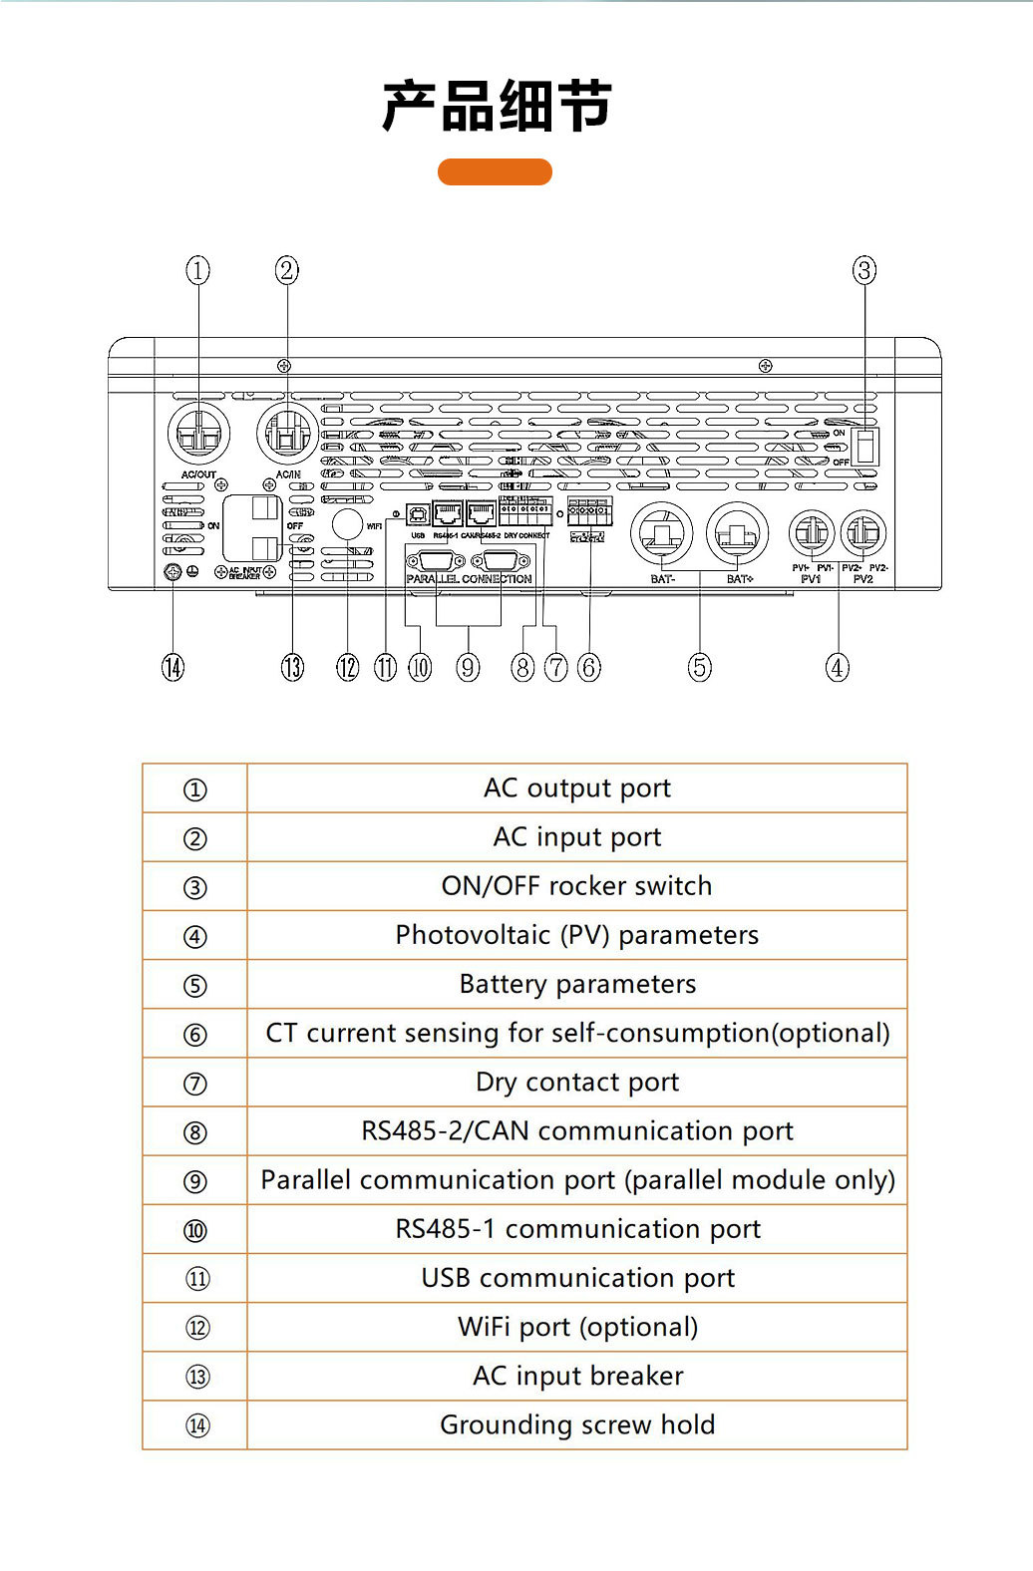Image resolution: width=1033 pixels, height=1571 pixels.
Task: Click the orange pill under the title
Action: point(495,171)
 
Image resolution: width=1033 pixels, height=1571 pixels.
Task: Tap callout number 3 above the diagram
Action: point(864,270)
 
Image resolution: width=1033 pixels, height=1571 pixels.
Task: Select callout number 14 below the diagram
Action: point(172,667)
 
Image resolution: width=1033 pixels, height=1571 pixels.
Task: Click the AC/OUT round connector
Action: point(198,434)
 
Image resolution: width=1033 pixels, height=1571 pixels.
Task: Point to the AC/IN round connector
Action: point(287,434)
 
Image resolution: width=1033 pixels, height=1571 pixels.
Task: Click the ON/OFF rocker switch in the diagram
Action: point(866,446)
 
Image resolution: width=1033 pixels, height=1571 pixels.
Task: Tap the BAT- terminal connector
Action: point(661,534)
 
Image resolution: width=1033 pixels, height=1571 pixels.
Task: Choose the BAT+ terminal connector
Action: point(738,534)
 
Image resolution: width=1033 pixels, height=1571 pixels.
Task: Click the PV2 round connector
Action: point(863,534)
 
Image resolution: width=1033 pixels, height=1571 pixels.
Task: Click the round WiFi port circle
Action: point(347,524)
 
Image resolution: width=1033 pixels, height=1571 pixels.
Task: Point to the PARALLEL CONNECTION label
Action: point(469,578)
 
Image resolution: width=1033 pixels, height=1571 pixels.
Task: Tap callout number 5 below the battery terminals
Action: point(700,667)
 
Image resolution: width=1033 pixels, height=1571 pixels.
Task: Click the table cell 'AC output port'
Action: point(576,788)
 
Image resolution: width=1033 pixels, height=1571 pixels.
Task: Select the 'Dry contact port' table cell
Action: point(576,1083)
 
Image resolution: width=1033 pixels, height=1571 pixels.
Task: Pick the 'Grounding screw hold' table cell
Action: point(576,1425)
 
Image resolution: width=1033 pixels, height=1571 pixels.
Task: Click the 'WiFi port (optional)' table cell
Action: point(576,1328)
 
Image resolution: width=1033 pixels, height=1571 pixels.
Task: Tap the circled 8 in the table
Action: point(195,1132)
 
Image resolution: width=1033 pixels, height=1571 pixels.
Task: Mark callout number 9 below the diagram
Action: point(468,667)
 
